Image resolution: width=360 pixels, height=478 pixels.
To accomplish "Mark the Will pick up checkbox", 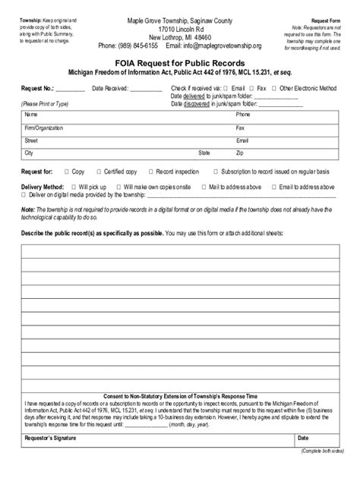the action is (72, 186).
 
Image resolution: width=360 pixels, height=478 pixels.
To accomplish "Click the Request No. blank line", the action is (71, 90).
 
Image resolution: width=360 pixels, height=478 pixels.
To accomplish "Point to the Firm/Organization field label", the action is (44, 128).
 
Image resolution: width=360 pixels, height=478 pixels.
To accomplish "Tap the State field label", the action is (204, 153).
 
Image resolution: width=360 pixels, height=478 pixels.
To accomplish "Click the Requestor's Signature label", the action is (55, 459).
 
